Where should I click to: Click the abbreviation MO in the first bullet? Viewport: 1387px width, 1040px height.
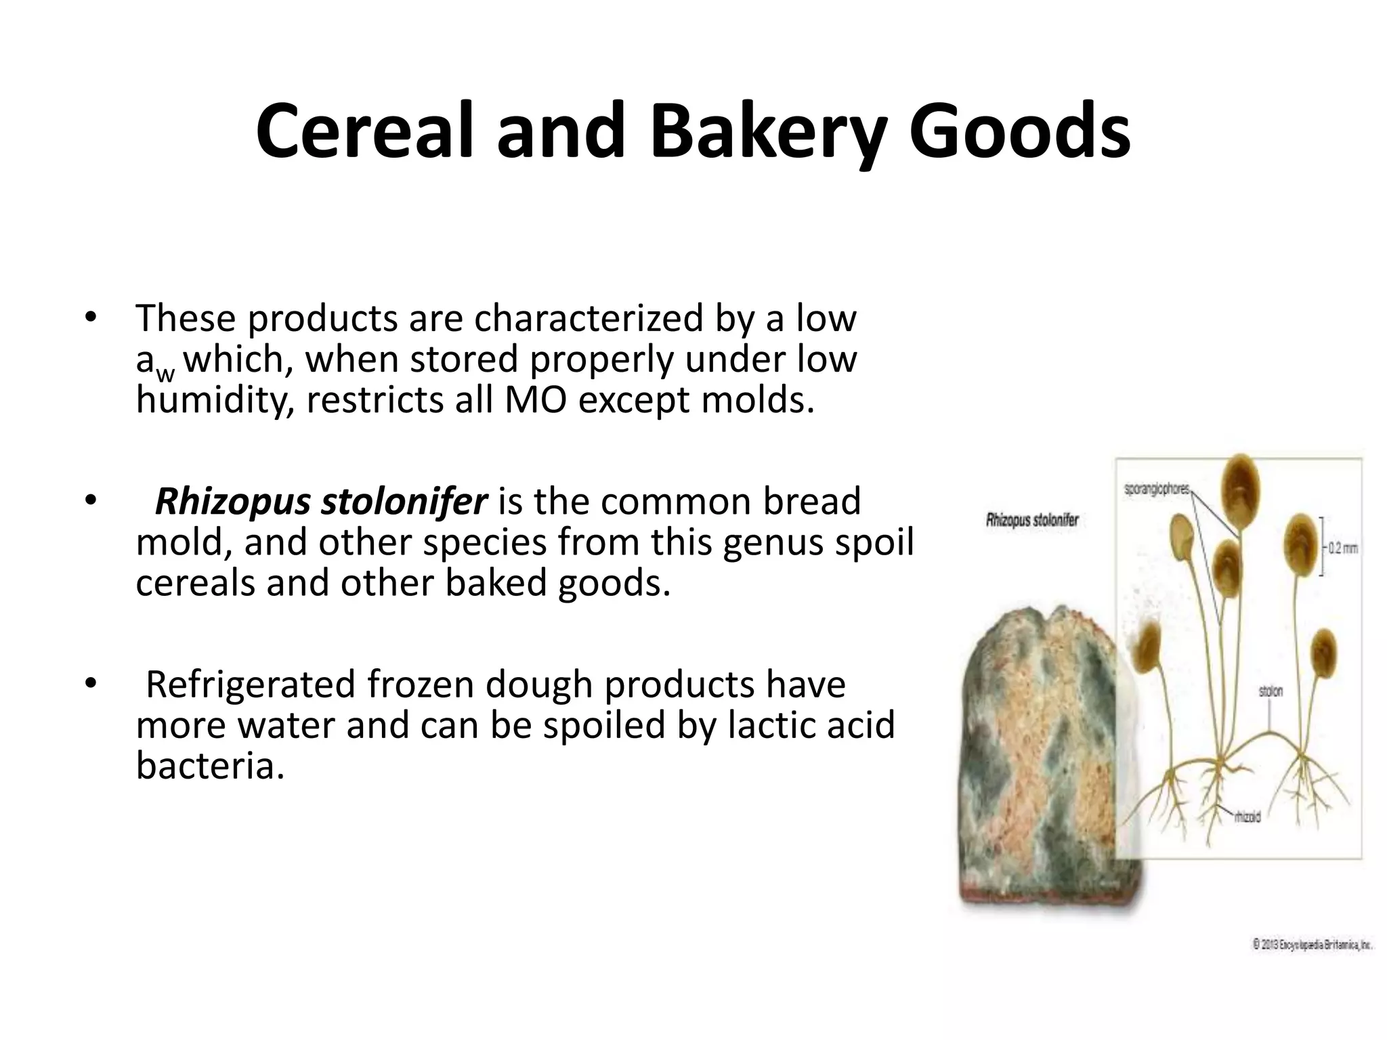click(536, 400)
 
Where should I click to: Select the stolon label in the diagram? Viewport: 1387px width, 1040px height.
click(1271, 691)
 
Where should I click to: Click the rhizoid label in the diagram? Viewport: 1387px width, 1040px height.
click(1247, 817)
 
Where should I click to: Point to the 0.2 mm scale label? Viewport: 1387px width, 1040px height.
click(1342, 548)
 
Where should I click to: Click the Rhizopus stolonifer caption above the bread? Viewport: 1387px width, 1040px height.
click(1032, 521)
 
